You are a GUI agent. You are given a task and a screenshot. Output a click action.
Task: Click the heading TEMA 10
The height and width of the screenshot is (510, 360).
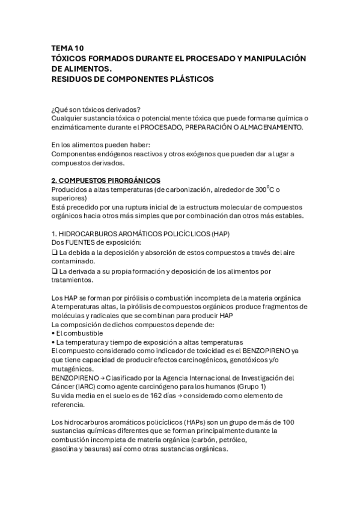(x=68, y=48)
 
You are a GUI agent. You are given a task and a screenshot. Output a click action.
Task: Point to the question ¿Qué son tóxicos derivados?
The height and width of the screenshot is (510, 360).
(x=96, y=109)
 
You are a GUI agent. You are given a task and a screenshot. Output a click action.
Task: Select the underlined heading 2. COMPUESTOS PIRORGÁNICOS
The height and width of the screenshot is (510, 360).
(x=105, y=180)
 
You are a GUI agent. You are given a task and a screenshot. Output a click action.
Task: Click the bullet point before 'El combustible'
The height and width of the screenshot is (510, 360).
(x=53, y=333)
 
